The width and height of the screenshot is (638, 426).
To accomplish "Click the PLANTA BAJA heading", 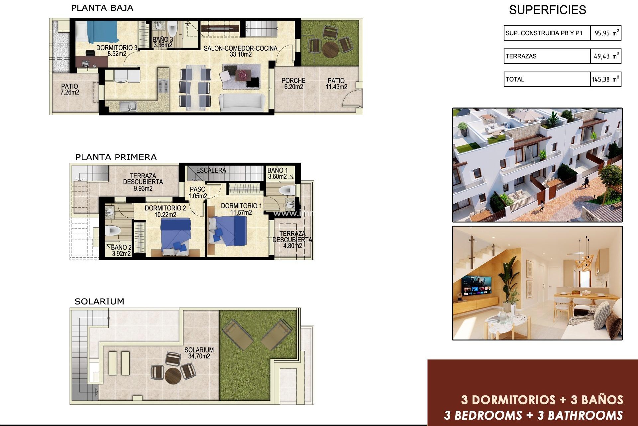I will click(102, 8).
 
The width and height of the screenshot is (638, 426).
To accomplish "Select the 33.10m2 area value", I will click(241, 54).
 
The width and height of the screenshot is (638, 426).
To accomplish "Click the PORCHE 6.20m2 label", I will click(293, 84).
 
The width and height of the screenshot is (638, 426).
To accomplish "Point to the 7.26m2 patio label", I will click(69, 89).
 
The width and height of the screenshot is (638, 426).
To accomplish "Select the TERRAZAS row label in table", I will click(521, 56).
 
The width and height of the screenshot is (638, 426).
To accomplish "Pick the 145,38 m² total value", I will click(605, 80).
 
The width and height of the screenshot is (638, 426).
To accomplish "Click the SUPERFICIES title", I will click(547, 10).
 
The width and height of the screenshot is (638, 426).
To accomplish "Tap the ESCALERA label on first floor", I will click(211, 170).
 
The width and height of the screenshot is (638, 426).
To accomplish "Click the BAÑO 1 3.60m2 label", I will click(277, 173).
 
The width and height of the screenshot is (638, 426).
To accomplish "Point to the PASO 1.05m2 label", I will click(198, 193).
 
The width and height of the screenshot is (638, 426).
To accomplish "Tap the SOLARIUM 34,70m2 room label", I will click(199, 353).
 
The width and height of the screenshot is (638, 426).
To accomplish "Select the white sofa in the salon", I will click(242, 103).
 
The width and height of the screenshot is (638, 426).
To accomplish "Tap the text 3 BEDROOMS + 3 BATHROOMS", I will click(533, 415).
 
